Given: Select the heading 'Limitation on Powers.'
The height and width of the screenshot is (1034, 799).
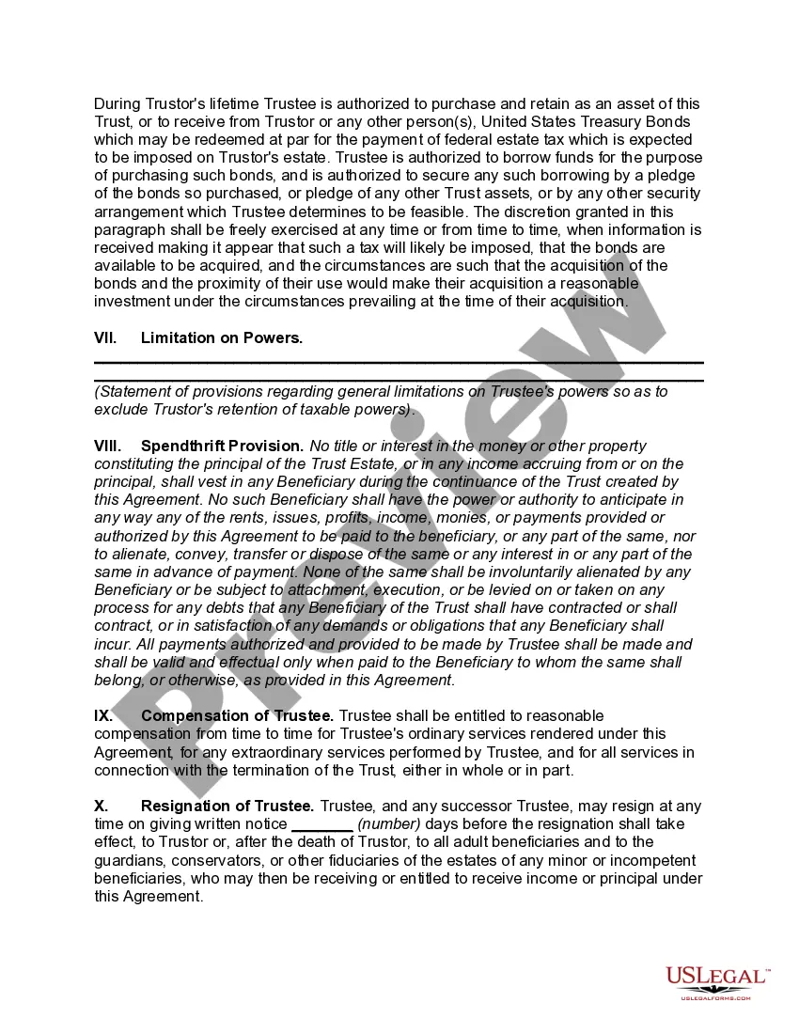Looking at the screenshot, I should (x=222, y=337).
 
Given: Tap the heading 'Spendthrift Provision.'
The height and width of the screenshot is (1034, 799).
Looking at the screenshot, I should (x=222, y=446).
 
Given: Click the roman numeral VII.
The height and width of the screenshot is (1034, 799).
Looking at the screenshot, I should (x=105, y=337).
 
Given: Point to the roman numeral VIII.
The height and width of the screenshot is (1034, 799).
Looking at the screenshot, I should (x=108, y=446).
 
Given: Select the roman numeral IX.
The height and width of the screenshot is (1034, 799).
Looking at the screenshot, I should (x=103, y=716).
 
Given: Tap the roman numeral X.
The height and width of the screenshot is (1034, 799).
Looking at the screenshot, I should (x=101, y=807).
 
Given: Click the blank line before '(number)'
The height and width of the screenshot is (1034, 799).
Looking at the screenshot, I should (x=322, y=824).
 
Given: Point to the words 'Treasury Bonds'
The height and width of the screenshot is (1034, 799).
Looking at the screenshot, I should (x=639, y=122).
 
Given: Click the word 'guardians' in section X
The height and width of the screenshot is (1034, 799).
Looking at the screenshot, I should (x=127, y=861).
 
